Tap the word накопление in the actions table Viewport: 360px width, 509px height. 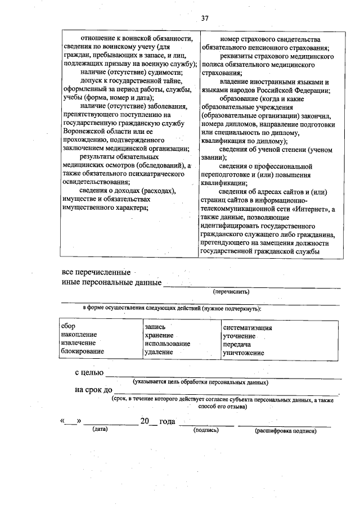click(79, 335)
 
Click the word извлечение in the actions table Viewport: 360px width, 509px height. click(78, 343)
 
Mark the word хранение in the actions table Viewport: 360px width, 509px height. click(158, 335)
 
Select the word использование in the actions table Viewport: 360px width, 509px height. click(167, 343)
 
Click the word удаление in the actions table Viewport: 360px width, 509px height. click(158, 352)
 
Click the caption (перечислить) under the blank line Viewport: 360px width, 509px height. click(231, 292)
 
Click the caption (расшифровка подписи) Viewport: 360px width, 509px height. click(285, 430)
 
